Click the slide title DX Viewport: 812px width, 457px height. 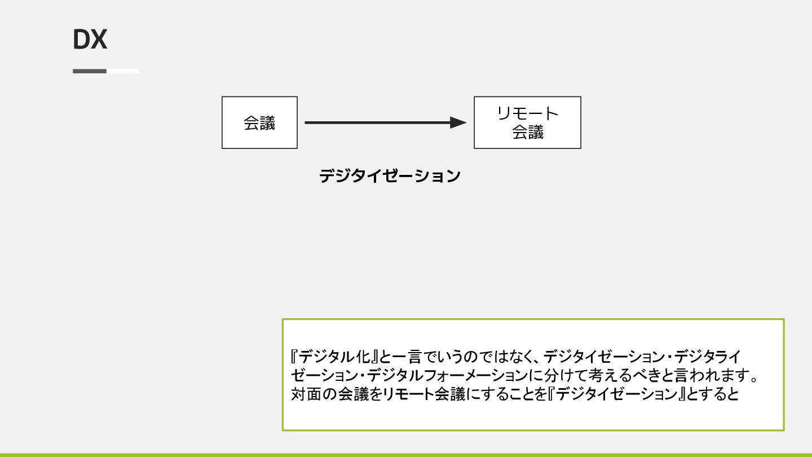[x=90, y=40]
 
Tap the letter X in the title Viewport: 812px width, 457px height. [x=99, y=40]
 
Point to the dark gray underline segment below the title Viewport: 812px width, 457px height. [x=90, y=71]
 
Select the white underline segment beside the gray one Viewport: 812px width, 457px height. [x=123, y=71]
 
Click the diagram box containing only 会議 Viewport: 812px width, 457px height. [x=259, y=123]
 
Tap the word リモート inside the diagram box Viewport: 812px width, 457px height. [x=527, y=114]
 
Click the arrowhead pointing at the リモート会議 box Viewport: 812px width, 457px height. [x=458, y=122]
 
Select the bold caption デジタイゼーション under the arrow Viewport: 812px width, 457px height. [x=390, y=176]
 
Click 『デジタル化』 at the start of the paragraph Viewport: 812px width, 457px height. [x=333, y=357]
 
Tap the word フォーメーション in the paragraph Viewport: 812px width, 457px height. [x=476, y=375]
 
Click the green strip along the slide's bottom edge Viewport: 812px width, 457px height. [x=406, y=454]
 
